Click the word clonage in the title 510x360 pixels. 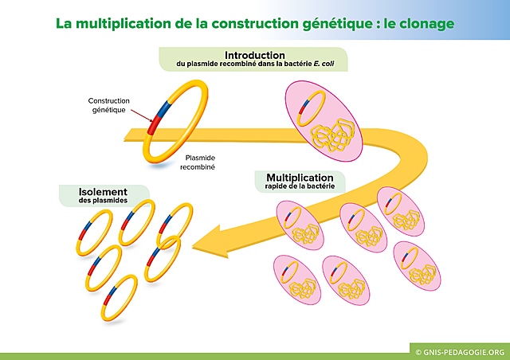(x=425, y=23)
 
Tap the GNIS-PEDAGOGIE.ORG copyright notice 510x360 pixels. (x=461, y=350)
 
